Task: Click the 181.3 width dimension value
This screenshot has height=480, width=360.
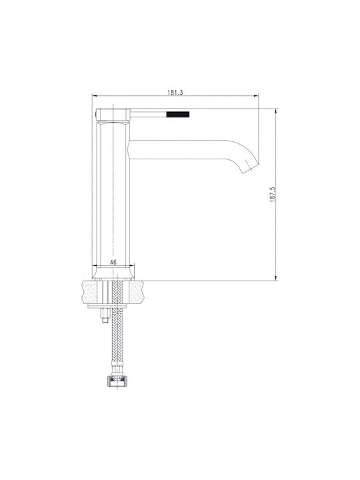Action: coord(175,93)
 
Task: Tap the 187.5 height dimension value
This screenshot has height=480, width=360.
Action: coord(273,195)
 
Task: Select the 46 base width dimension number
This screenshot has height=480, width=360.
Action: coord(113,262)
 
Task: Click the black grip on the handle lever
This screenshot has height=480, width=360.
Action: coord(178,115)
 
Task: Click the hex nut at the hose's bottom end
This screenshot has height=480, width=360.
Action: coord(116,382)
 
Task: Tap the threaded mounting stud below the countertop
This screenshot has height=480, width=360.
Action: coord(105,315)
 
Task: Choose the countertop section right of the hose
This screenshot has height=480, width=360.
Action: coord(136,293)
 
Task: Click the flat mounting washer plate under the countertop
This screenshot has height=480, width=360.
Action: coord(107,306)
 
